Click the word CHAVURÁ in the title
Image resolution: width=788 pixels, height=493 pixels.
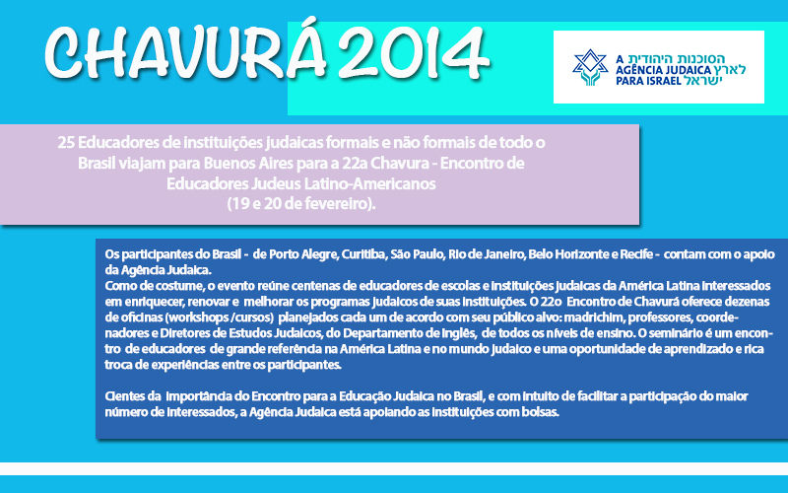click(185, 51)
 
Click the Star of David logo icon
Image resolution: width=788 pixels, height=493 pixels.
click(590, 67)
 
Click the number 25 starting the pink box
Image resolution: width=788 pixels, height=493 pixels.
click(66, 143)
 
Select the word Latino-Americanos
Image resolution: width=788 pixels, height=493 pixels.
click(369, 183)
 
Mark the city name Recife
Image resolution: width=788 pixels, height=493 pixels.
click(636, 254)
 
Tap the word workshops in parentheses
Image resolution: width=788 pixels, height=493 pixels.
click(199, 317)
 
